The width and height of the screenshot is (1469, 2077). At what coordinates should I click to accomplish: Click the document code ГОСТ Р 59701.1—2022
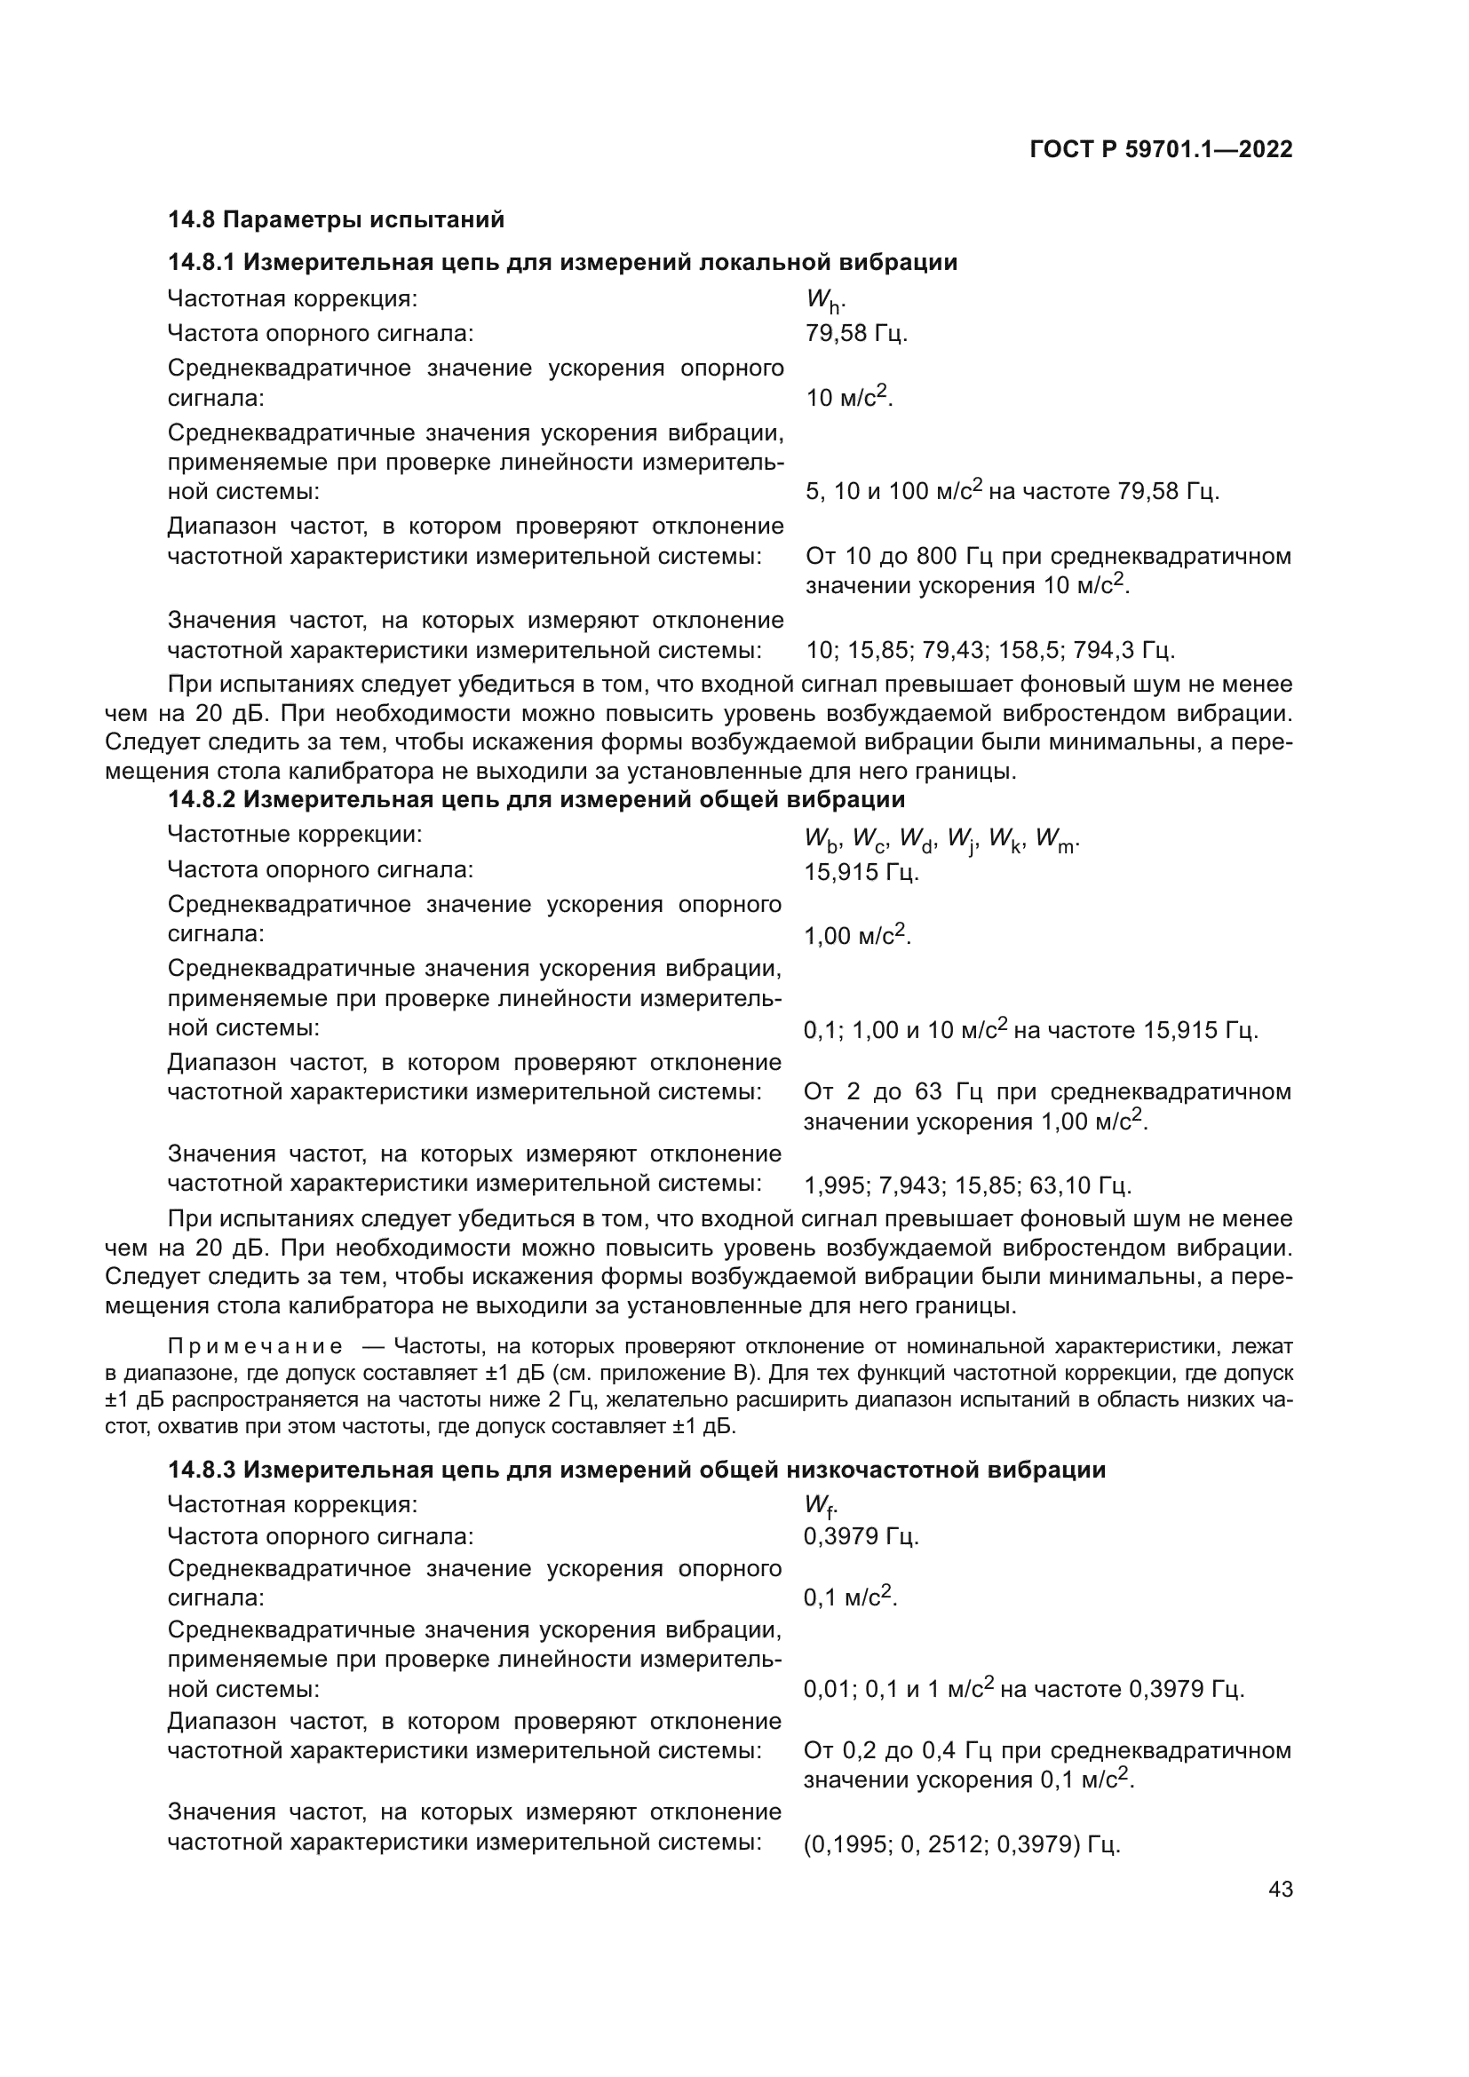[1161, 150]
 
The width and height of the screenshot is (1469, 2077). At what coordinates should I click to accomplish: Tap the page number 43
[1280, 1890]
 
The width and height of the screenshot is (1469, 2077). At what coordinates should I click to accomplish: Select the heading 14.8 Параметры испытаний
[336, 220]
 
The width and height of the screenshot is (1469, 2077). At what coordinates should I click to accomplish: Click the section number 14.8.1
[201, 263]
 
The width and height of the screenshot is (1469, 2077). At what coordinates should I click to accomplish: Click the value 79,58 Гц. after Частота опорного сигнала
[855, 334]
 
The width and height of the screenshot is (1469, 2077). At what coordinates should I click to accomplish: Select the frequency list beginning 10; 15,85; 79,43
[989, 649]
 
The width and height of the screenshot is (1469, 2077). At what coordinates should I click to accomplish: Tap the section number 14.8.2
[201, 800]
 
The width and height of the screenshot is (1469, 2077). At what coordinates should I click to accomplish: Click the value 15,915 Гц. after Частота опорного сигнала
[862, 873]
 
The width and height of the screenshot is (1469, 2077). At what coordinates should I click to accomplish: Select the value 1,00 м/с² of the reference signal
[856, 936]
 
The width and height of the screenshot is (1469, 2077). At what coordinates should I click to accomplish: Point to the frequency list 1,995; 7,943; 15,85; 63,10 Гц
[967, 1185]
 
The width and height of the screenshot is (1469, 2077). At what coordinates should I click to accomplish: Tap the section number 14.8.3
[201, 1470]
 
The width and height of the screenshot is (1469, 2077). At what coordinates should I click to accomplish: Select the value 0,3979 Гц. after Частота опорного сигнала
[862, 1536]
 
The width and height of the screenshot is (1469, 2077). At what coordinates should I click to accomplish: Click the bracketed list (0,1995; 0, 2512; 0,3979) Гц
[962, 1844]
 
